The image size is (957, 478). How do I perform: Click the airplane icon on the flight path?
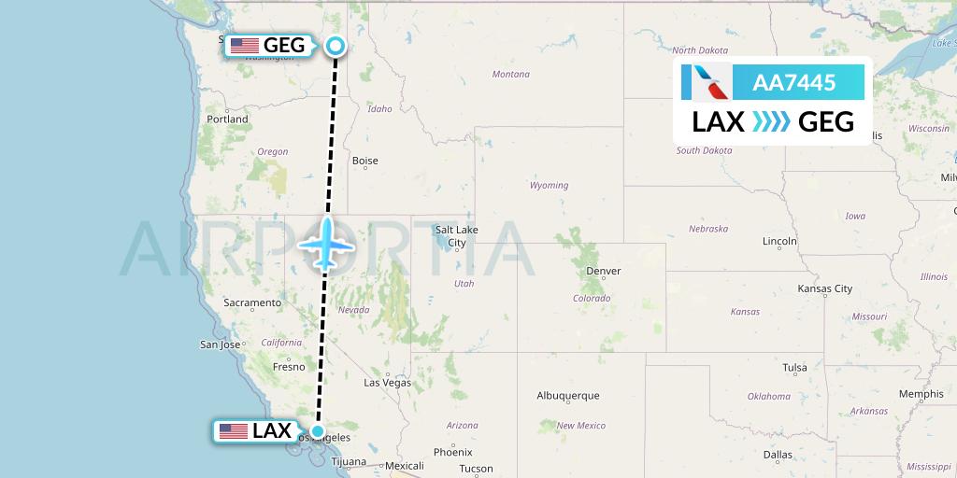tap(326, 243)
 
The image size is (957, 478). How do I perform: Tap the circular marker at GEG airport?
tap(336, 45)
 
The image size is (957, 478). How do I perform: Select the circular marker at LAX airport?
tap(318, 431)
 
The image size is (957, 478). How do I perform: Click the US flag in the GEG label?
tap(245, 45)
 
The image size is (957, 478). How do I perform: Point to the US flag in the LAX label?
tap(233, 431)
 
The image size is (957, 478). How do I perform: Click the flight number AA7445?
tap(793, 83)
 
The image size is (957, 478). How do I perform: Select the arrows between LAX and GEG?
tap(772, 122)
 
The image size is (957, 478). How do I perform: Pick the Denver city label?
tap(603, 272)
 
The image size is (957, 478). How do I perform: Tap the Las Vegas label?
tap(387, 383)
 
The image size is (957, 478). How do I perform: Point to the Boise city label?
tap(364, 161)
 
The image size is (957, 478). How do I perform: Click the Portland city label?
tap(227, 119)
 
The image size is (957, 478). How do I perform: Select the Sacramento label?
tap(252, 302)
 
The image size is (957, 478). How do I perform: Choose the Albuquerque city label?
tap(567, 396)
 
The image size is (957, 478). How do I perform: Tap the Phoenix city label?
tap(452, 452)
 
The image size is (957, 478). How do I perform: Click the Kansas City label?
tap(824, 289)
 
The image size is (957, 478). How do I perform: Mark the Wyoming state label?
tap(549, 185)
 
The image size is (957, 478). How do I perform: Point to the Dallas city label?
tap(777, 455)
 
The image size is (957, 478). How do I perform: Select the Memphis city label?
tap(921, 394)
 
